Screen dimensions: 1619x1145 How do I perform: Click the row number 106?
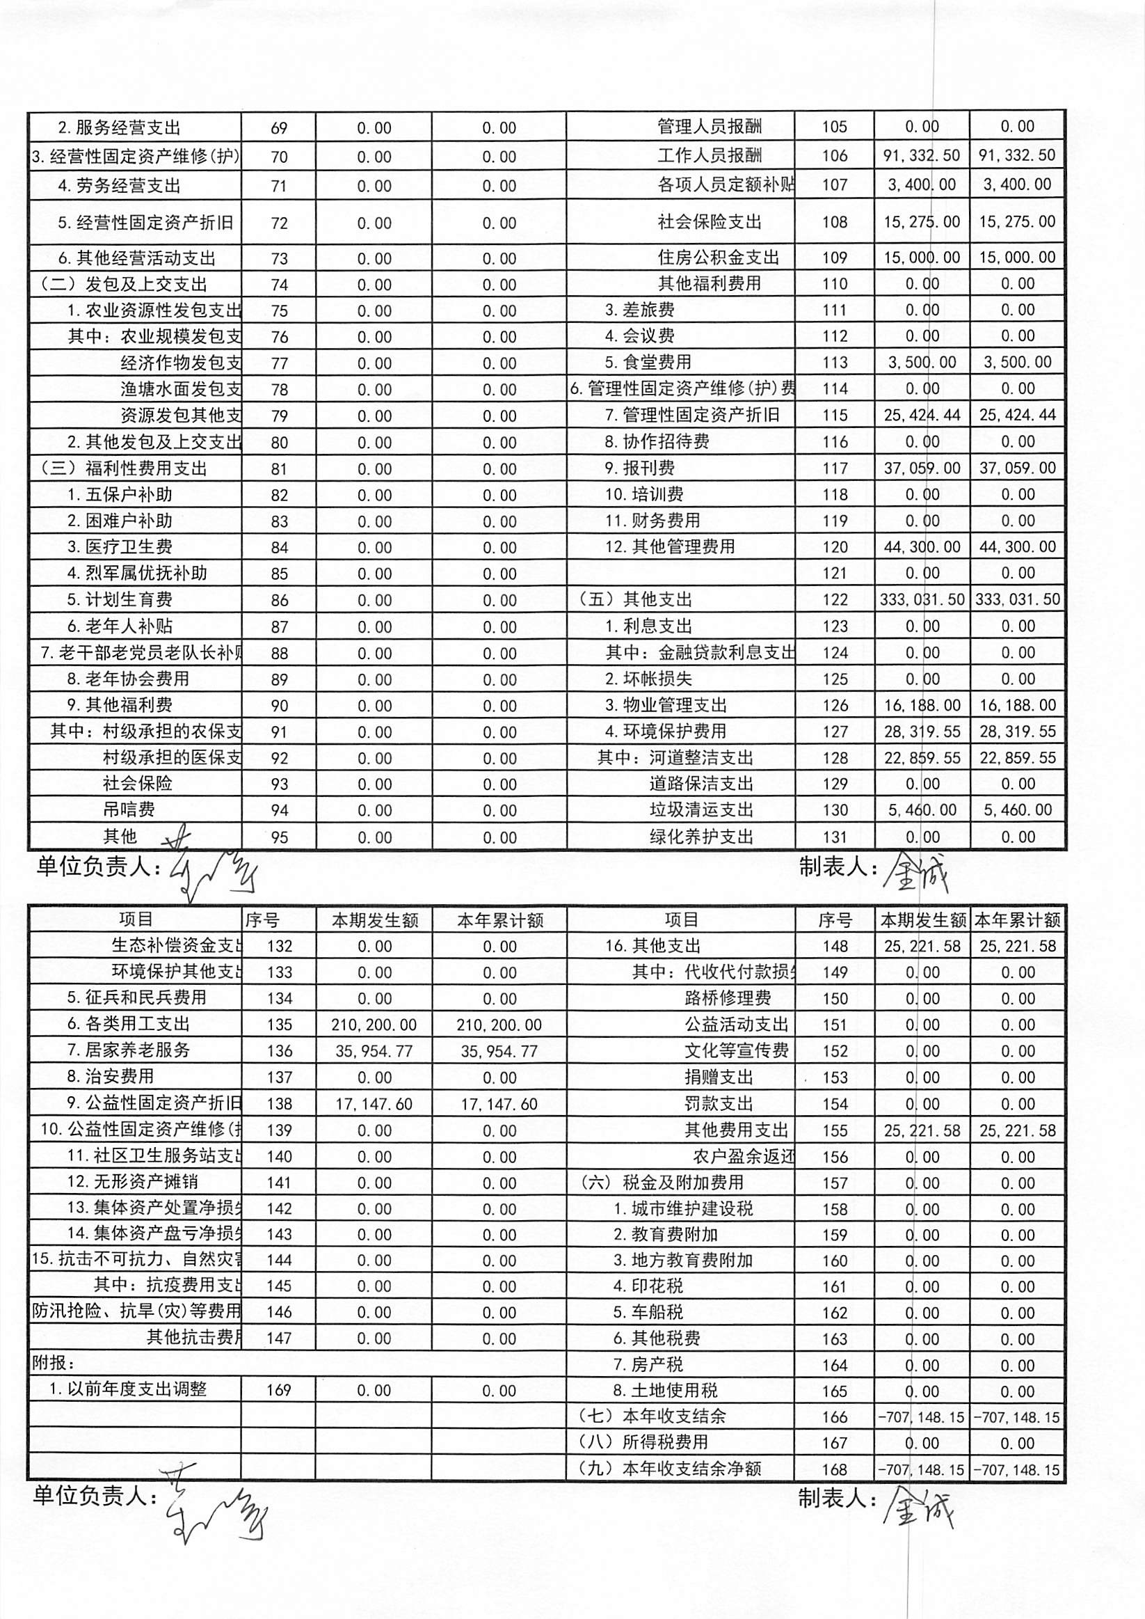[x=835, y=156]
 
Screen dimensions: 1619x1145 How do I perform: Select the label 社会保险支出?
[x=710, y=222]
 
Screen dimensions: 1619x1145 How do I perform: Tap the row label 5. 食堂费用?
[x=647, y=363]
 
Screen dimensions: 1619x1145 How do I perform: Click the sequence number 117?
[x=835, y=468]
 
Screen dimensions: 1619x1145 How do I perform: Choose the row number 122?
[x=835, y=599]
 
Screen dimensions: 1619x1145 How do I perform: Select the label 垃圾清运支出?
[x=700, y=810]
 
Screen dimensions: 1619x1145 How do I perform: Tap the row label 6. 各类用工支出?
[x=128, y=1025]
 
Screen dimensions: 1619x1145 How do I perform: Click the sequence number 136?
[x=279, y=1051]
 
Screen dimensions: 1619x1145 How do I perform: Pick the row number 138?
[x=279, y=1104]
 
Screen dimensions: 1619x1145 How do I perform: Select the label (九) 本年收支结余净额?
[x=670, y=1469]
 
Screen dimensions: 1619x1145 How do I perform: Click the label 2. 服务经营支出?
[x=118, y=128]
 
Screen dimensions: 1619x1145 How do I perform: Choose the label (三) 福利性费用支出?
[x=124, y=469]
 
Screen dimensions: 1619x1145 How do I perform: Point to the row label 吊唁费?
[x=129, y=810]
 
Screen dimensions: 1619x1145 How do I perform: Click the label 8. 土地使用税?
[x=665, y=1391]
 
